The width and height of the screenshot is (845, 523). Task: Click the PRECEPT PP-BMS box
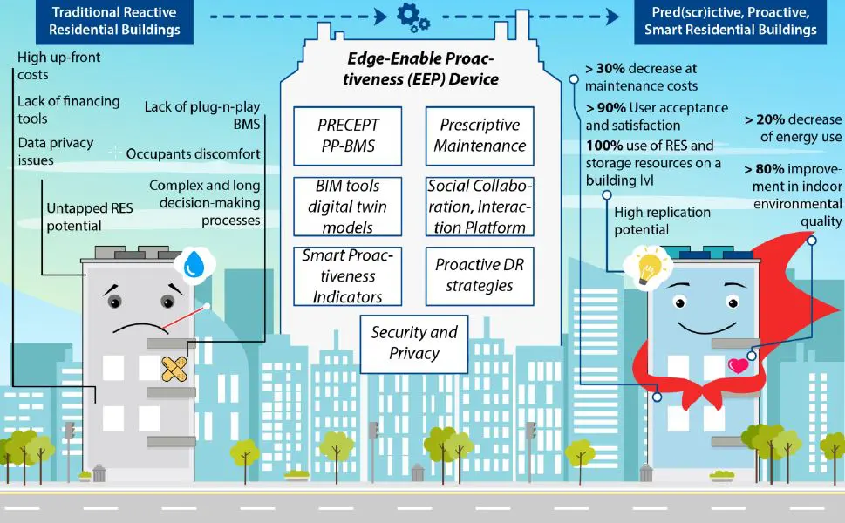[x=348, y=136]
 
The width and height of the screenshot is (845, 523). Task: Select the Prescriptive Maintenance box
[x=480, y=136]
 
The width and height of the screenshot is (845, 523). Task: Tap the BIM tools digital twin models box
[x=348, y=207]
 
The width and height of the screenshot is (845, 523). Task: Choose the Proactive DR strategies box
[x=480, y=276]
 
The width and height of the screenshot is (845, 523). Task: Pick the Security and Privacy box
[x=414, y=344]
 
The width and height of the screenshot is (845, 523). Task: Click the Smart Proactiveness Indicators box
[x=348, y=276]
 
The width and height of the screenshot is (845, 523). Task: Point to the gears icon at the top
[x=413, y=17]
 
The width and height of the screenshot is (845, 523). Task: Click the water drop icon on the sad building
[x=194, y=264]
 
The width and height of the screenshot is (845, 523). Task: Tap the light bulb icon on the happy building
[x=648, y=267]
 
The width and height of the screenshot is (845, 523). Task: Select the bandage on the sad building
[x=174, y=369]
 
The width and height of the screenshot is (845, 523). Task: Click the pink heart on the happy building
[x=739, y=366]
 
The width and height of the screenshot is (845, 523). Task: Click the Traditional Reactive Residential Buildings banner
[x=114, y=21]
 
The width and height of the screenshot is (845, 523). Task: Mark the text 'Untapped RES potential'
[x=90, y=216]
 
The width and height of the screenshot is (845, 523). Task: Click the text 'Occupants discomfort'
[x=193, y=154]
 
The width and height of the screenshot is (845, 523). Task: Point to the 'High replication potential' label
[x=663, y=221]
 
